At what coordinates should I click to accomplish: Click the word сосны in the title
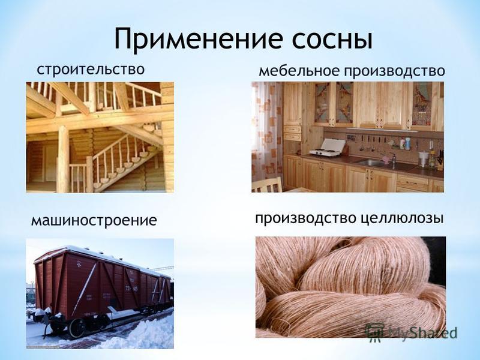pos(332,40)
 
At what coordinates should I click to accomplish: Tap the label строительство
pos(91,69)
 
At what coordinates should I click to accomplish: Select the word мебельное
pos(299,71)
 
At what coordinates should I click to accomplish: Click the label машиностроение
pos(94,220)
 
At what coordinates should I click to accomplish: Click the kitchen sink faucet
pos(393,157)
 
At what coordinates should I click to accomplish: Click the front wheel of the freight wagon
pos(77,327)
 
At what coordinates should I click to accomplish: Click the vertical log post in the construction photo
pos(63,158)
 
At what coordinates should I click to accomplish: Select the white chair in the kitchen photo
pos(267,185)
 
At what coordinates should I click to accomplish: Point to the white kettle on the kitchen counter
pos(423,159)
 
